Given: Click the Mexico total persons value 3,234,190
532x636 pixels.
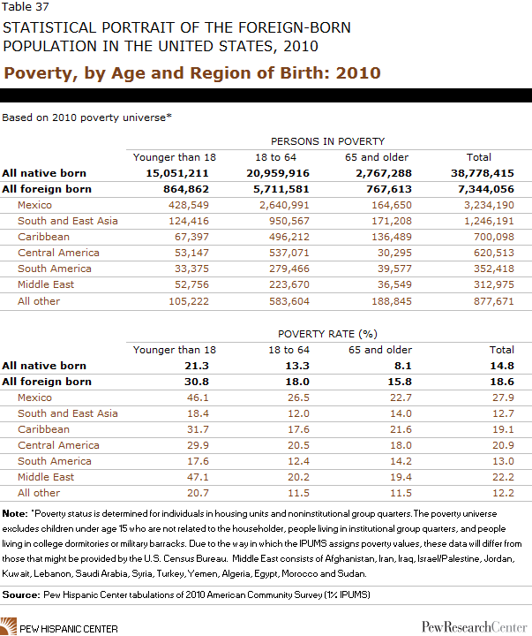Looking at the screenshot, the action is [489, 205].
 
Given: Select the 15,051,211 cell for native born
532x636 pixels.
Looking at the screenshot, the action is [177, 173].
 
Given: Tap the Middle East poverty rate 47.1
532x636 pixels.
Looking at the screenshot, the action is [198, 477].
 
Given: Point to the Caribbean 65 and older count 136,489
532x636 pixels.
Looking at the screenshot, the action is [392, 237].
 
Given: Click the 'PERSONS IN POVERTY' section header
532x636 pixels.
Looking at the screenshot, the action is [328, 141].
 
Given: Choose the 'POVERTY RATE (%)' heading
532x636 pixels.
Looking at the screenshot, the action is [328, 334].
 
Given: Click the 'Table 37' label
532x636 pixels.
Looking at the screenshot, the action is [26, 6].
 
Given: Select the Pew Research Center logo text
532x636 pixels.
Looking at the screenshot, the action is [474, 626].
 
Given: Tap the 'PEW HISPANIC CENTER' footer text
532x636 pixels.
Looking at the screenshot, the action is [69, 629].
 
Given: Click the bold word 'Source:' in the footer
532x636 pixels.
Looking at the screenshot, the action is [21, 594].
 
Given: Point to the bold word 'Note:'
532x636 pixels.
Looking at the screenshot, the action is [15, 513].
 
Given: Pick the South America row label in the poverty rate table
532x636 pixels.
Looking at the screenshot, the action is [55, 461].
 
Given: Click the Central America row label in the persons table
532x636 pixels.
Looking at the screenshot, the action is [58, 253].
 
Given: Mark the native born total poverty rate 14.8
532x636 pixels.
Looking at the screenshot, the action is [502, 366].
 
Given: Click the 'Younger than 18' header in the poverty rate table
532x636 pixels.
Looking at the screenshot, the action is [175, 350].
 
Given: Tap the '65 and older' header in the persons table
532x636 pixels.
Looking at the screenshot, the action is [377, 157].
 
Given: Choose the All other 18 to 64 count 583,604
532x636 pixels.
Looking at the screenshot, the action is [288, 301].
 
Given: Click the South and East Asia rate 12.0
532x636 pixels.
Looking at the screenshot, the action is [298, 413].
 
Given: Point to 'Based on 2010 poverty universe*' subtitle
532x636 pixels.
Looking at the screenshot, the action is [86, 117].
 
